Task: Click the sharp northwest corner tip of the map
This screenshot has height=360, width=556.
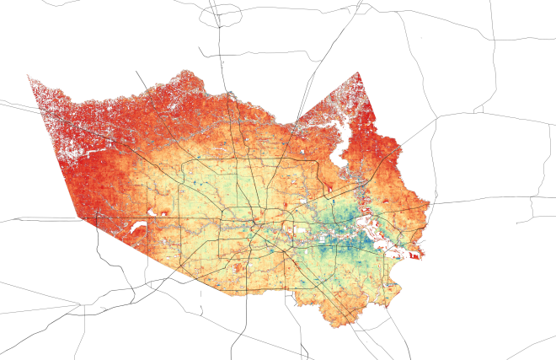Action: [x=28, y=75]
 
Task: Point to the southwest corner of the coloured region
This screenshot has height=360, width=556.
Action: [x=79, y=217]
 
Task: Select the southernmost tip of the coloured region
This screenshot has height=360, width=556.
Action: [x=334, y=326]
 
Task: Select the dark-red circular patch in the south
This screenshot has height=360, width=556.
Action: [x=238, y=267]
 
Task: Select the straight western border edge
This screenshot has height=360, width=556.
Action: [x=52, y=143]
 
